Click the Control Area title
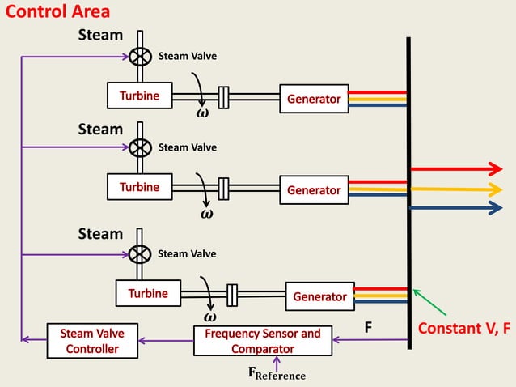point(57,12)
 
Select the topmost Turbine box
point(140,96)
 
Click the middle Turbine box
point(140,187)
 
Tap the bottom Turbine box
point(148,293)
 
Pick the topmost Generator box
point(314,98)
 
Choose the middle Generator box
point(314,189)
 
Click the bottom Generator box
point(319,296)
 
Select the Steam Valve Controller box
point(92,340)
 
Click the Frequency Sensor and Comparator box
point(263,340)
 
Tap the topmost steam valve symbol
point(140,57)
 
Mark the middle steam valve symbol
point(140,147)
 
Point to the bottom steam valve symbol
point(140,254)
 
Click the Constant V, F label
point(464,329)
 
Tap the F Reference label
point(277,374)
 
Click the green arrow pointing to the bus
point(429,303)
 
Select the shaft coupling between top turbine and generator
point(225,97)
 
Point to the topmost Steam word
point(100,35)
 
